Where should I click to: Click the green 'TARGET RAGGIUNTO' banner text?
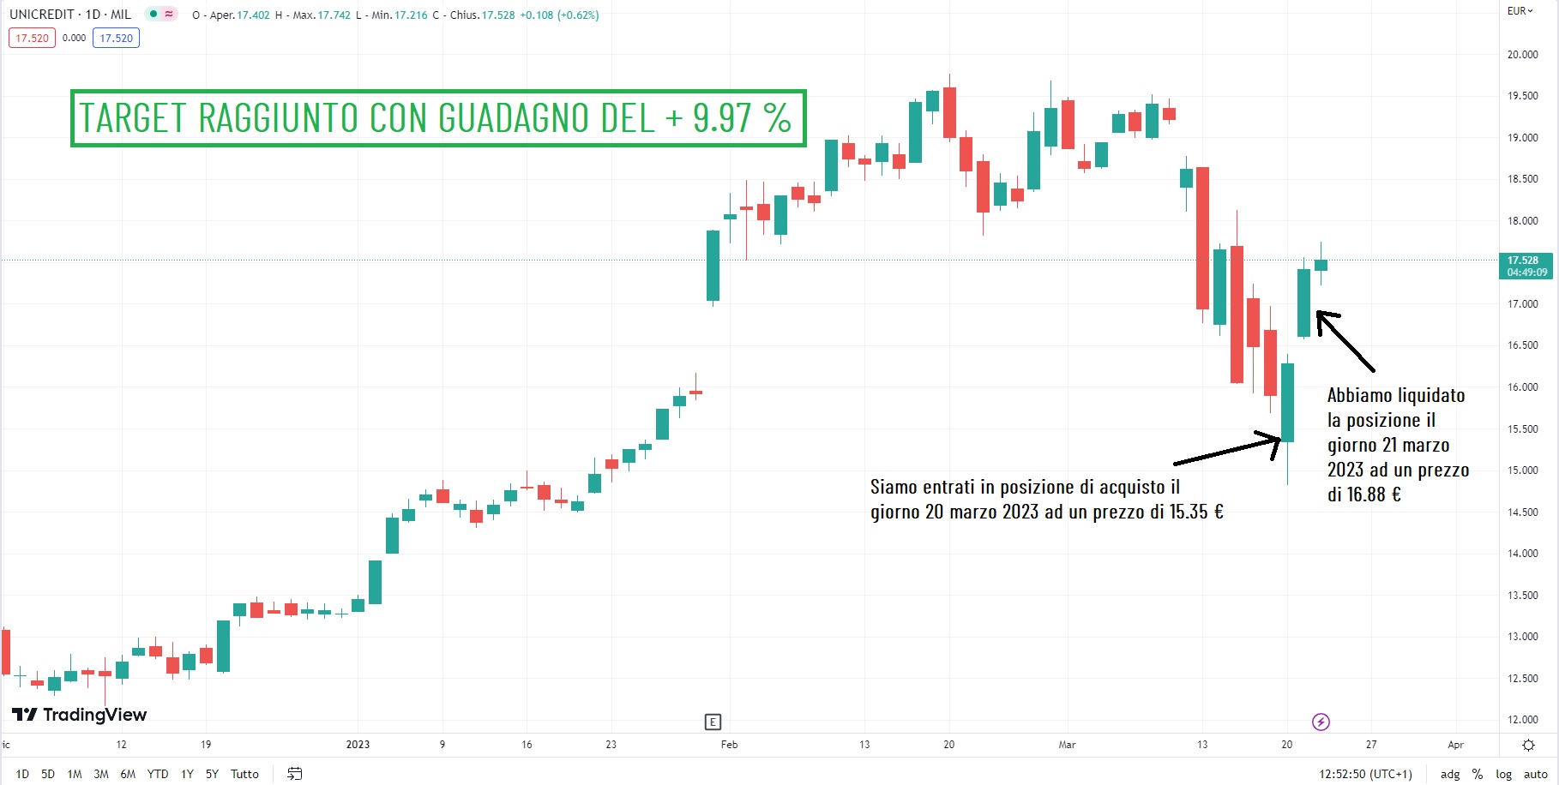[437, 118]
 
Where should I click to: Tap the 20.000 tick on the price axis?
[1522, 55]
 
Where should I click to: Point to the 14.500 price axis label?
[1522, 512]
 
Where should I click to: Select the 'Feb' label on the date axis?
[729, 745]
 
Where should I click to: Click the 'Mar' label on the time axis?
[1067, 745]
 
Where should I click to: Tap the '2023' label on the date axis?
[358, 745]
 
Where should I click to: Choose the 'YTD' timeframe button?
[158, 774]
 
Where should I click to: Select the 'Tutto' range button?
[244, 774]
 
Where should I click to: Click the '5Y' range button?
[212, 774]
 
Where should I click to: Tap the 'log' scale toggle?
[1503, 774]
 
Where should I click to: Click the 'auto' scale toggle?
[1535, 774]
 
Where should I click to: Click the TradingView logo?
[80, 715]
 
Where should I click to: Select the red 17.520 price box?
[32, 38]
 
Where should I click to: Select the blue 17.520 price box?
[116, 38]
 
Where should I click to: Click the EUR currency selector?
[1520, 11]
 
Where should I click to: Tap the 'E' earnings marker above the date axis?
[713, 722]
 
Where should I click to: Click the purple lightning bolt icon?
[1321, 722]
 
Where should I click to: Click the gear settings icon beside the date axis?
[1528, 745]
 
